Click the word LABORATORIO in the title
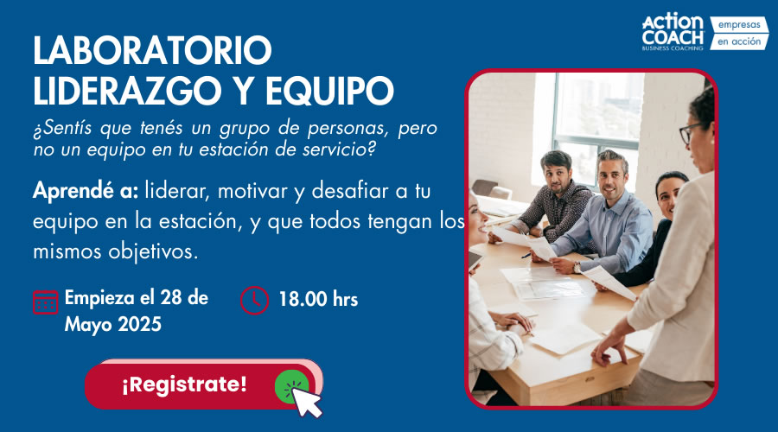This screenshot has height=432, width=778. (x=152, y=50)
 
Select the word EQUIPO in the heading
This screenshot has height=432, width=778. (x=329, y=91)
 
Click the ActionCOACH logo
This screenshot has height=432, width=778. (x=673, y=33)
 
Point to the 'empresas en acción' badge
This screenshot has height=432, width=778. (x=739, y=33)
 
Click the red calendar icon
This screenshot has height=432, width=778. (x=45, y=302)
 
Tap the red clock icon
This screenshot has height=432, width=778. (x=254, y=300)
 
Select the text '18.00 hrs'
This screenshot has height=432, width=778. (x=318, y=299)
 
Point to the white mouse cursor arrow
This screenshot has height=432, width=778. (x=306, y=402)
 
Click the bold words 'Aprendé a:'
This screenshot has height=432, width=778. (x=86, y=191)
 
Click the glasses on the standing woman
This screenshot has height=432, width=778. (x=690, y=132)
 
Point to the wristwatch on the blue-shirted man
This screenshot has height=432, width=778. (x=577, y=268)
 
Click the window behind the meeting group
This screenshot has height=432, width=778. (x=596, y=129)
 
